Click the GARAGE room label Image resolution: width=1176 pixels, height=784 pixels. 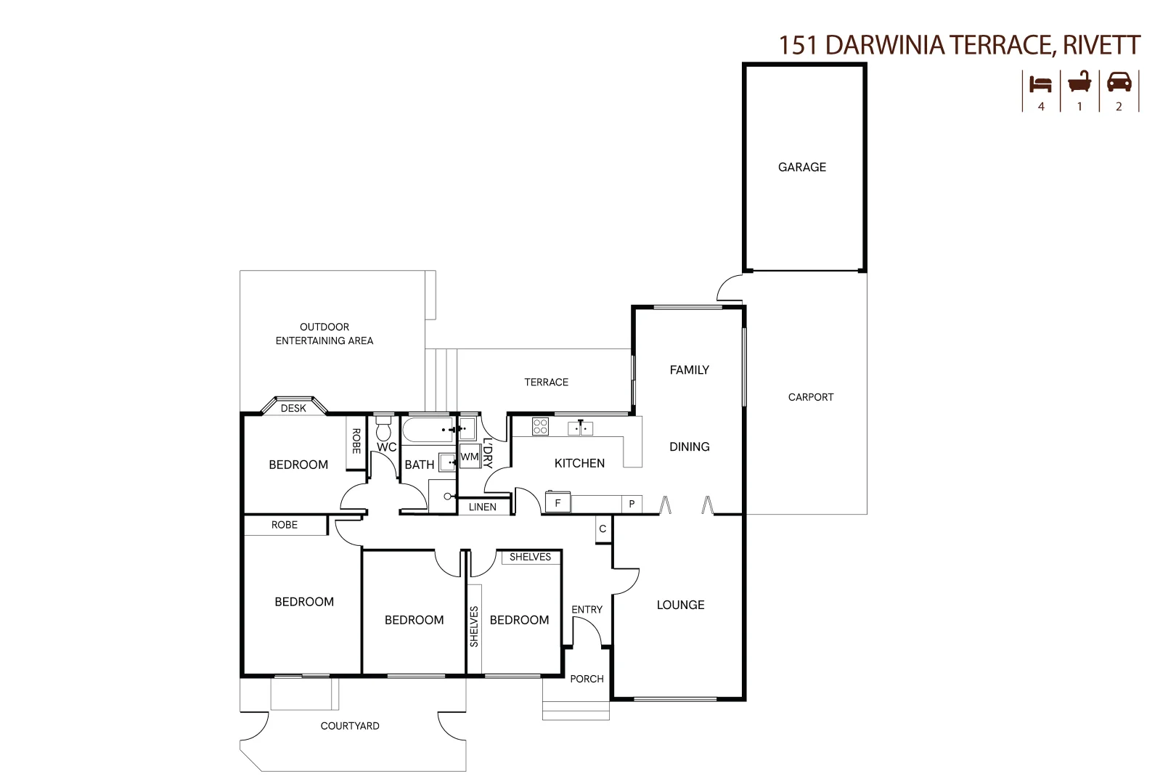pyautogui.click(x=801, y=167)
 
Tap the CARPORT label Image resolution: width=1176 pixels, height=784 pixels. pyautogui.click(x=811, y=397)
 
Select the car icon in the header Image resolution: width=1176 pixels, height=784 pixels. pyautogui.click(x=1119, y=82)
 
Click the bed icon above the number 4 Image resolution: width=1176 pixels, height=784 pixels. pyautogui.click(x=1040, y=83)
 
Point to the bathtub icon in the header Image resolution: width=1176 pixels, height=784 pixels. pyautogui.click(x=1079, y=82)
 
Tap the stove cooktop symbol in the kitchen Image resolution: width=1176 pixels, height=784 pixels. pyautogui.click(x=540, y=427)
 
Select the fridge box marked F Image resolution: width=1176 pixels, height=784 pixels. pyautogui.click(x=558, y=503)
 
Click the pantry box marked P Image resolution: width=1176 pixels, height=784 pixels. pyautogui.click(x=632, y=504)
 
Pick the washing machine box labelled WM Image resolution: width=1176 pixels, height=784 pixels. pyautogui.click(x=470, y=457)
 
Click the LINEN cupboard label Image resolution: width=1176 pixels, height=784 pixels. pyautogui.click(x=483, y=507)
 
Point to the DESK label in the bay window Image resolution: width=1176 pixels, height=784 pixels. pyautogui.click(x=293, y=408)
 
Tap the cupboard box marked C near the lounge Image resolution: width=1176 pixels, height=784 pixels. pyautogui.click(x=603, y=529)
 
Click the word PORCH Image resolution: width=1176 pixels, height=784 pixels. pyautogui.click(x=587, y=679)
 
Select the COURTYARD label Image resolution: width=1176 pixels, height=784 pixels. pyautogui.click(x=350, y=726)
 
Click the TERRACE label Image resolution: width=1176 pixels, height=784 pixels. pyautogui.click(x=546, y=382)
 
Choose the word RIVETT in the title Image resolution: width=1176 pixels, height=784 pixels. pyautogui.click(x=1101, y=45)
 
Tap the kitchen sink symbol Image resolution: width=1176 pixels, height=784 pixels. pyautogui.click(x=580, y=428)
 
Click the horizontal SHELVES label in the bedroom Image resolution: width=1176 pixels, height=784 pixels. pyautogui.click(x=530, y=557)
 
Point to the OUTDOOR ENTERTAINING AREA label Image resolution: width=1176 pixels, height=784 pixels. pyautogui.click(x=324, y=334)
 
